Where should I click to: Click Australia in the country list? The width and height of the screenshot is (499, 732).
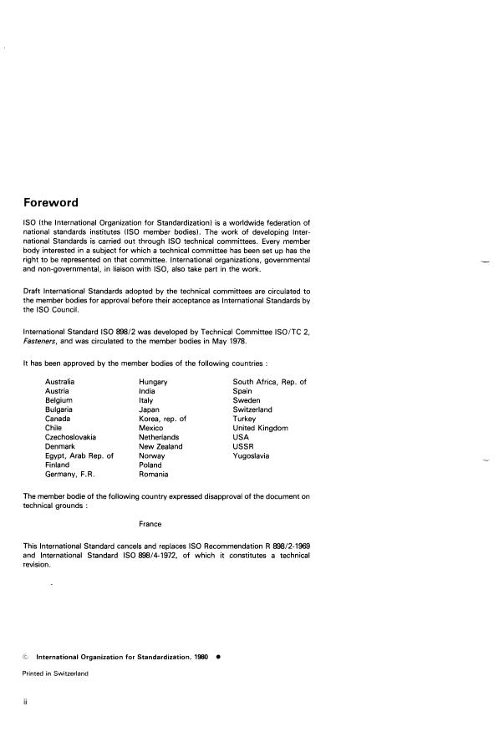[x=62, y=382]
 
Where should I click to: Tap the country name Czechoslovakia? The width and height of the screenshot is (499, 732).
[x=71, y=437]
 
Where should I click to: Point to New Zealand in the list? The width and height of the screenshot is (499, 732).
[x=160, y=446]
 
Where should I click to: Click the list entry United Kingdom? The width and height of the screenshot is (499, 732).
[x=260, y=428]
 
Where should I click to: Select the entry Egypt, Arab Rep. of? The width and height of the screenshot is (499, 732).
[x=79, y=455]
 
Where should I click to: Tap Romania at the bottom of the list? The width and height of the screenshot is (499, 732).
[x=155, y=474]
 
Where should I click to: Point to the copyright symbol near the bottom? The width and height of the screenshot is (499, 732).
[x=26, y=658]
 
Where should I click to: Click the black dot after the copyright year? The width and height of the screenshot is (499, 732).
[x=218, y=657]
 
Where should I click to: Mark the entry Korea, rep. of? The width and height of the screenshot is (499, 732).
[x=162, y=419]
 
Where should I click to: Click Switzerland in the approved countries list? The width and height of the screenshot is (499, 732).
[x=252, y=409]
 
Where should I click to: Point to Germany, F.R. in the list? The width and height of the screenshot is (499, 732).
[x=69, y=474]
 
